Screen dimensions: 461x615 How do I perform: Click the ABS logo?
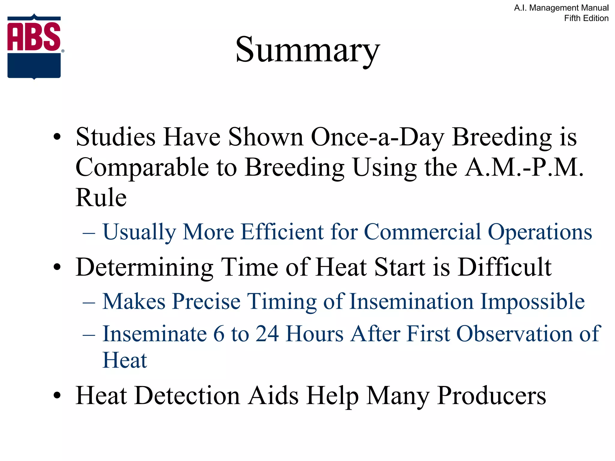34,47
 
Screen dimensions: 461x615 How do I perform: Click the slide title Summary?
307,50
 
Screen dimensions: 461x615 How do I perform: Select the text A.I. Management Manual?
561,8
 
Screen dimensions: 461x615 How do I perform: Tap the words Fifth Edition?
586,18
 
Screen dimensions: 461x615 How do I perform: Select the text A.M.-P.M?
524,167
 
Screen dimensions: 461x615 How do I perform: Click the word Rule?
101,198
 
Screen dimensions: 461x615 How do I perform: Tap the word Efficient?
282,232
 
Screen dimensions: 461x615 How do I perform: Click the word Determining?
144,267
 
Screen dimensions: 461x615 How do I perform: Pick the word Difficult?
504,267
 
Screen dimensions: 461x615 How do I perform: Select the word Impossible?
532,301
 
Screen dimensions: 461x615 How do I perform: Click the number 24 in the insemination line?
267,334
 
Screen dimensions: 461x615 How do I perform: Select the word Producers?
491,396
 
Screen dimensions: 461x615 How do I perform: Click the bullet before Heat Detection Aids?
57,396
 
